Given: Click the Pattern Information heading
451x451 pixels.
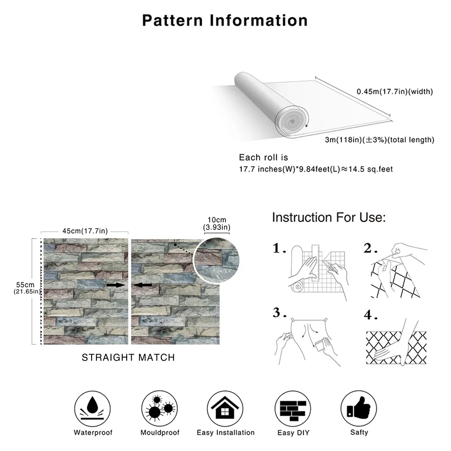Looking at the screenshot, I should (225, 20).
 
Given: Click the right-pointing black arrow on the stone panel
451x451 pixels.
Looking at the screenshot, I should (115, 285).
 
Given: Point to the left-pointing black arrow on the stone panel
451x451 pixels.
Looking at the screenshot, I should (144, 285).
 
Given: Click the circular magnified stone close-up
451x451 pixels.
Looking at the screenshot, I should (217, 261).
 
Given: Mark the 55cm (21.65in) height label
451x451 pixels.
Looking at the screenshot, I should (25, 288).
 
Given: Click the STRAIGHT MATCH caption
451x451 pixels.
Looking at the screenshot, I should (128, 358).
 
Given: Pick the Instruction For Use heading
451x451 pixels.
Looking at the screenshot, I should (329, 217).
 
